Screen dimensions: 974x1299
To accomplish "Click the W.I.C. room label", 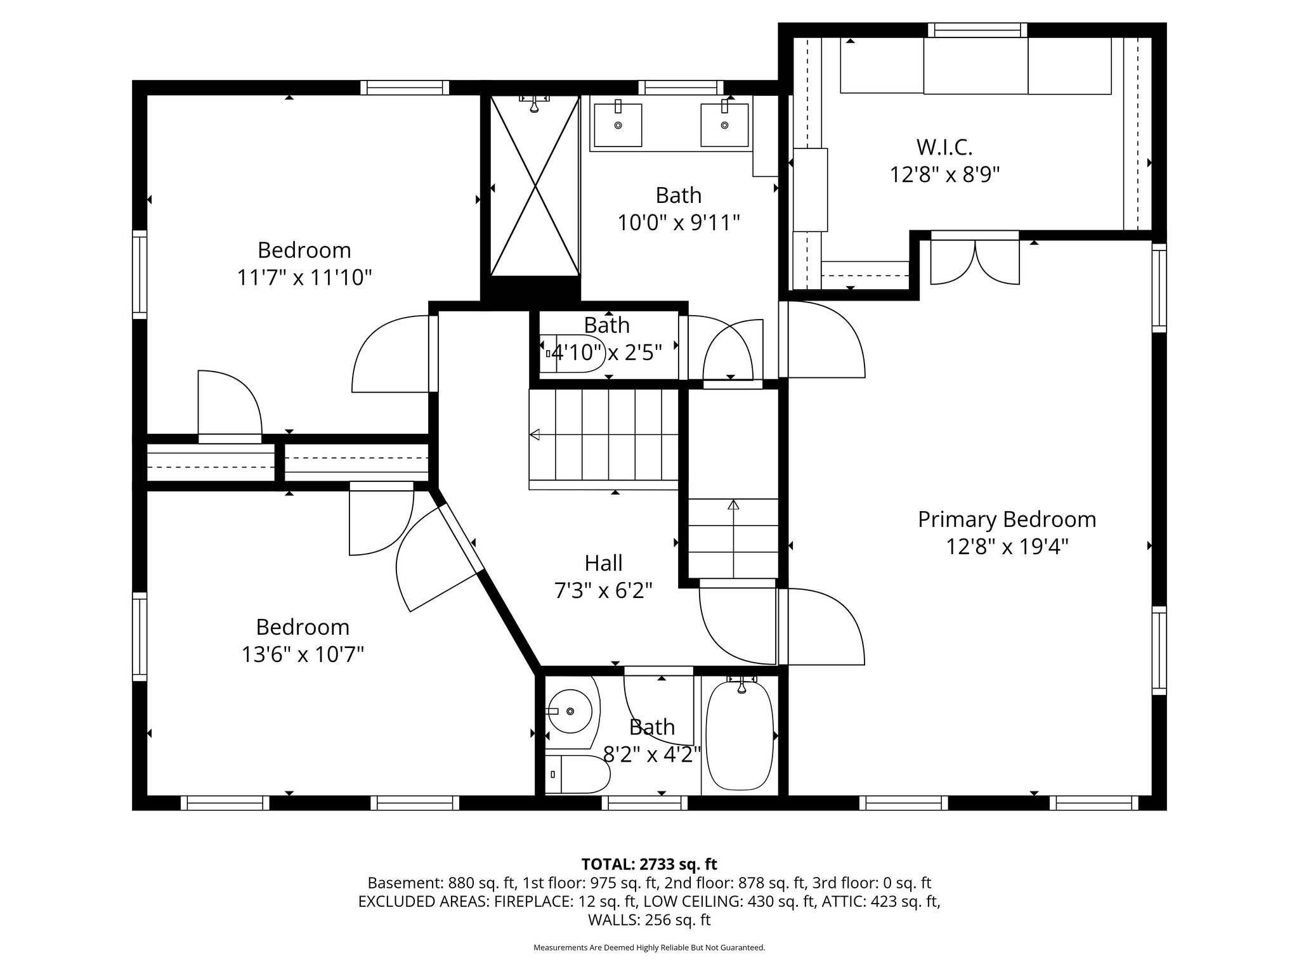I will (x=944, y=147).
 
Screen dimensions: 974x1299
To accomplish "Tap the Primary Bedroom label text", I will (x=1007, y=519).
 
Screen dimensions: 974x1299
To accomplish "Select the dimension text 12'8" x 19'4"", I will (x=1007, y=547).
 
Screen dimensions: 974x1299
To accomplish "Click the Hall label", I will (x=603, y=563).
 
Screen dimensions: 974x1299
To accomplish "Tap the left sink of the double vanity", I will (x=617, y=125).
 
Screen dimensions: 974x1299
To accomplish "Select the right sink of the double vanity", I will (x=724, y=125).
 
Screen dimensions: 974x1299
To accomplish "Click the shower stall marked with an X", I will (x=535, y=186).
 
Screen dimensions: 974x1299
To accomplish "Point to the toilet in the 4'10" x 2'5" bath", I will (x=570, y=353).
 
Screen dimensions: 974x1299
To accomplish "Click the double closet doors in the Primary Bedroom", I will (x=974, y=260).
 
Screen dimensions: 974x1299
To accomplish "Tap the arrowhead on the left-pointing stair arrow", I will (x=534, y=434).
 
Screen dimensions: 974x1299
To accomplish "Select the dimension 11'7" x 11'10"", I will (x=304, y=278).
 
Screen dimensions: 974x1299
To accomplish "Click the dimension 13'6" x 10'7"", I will (x=303, y=654).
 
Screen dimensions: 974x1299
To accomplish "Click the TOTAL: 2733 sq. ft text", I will (x=649, y=864).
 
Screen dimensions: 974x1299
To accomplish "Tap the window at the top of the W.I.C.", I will (x=977, y=30).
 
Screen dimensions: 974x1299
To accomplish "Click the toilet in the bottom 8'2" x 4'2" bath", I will (x=576, y=774).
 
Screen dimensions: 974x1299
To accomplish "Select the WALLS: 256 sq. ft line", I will (x=649, y=919).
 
